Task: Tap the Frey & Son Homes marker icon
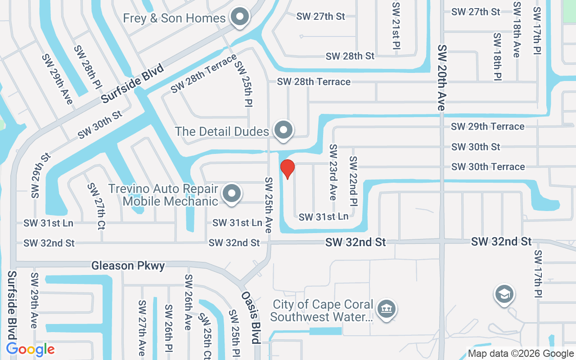(x=240, y=18)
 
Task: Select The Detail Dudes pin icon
(x=283, y=130)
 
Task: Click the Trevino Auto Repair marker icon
(x=232, y=194)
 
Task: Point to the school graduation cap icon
(x=504, y=295)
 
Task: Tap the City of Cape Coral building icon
(x=386, y=309)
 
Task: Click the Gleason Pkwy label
(x=128, y=265)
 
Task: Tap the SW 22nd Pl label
(x=353, y=180)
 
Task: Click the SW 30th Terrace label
(x=488, y=166)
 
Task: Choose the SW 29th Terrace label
(x=488, y=126)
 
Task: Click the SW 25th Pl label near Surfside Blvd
(x=243, y=84)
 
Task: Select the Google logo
(x=31, y=349)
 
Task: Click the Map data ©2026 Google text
(x=521, y=354)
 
